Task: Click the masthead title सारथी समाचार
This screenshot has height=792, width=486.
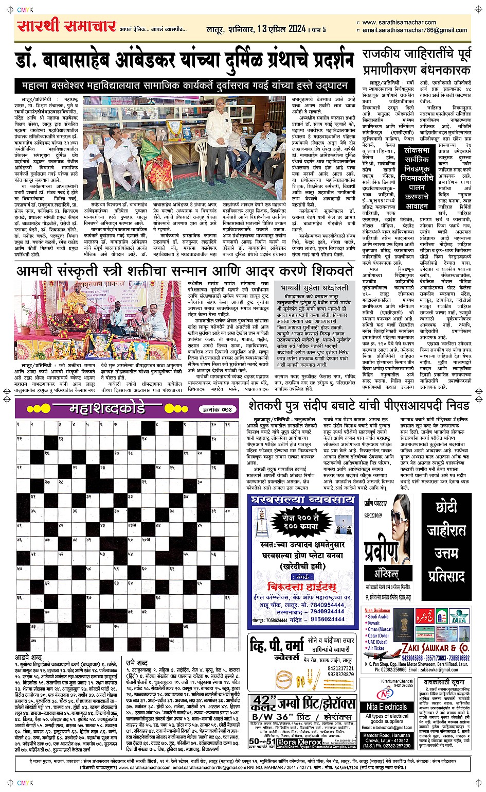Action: point(67,26)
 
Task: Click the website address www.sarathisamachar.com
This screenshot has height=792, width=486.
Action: point(399,23)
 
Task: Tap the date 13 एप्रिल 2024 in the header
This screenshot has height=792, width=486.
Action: point(282,29)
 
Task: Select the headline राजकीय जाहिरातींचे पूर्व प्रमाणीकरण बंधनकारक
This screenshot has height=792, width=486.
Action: point(417,62)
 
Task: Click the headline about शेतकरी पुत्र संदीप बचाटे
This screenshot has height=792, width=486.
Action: point(359,405)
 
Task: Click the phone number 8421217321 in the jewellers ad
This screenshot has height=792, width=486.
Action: point(340,668)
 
